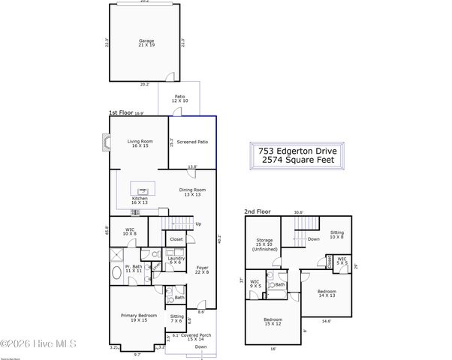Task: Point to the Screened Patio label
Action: pyautogui.click(x=192, y=142)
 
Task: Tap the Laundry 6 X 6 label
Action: pyautogui.click(x=176, y=260)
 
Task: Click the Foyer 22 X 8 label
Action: pyautogui.click(x=201, y=268)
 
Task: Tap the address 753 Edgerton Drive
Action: pyautogui.click(x=298, y=151)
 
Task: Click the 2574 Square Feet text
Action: pyautogui.click(x=298, y=162)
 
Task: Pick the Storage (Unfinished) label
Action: pyautogui.click(x=264, y=244)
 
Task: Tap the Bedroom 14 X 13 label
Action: pyautogui.click(x=326, y=293)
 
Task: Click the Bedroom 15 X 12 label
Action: pyautogui.click(x=272, y=322)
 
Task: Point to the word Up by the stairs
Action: pyautogui.click(x=198, y=223)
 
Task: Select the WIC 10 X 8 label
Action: pyautogui.click(x=130, y=232)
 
